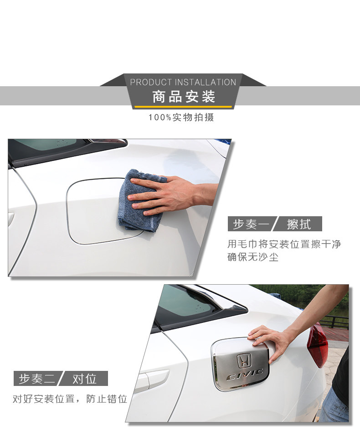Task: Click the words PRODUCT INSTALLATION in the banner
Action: (x=183, y=82)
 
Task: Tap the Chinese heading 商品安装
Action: (x=184, y=97)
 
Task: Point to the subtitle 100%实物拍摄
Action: (x=181, y=117)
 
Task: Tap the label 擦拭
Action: (x=299, y=224)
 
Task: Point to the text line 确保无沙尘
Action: (x=253, y=257)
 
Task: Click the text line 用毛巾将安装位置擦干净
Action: (x=284, y=244)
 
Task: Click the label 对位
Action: (x=85, y=379)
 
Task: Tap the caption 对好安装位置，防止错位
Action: (x=70, y=399)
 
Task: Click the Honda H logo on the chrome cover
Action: (x=245, y=361)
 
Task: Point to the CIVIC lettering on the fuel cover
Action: (x=245, y=376)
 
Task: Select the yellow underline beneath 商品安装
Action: (x=184, y=107)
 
